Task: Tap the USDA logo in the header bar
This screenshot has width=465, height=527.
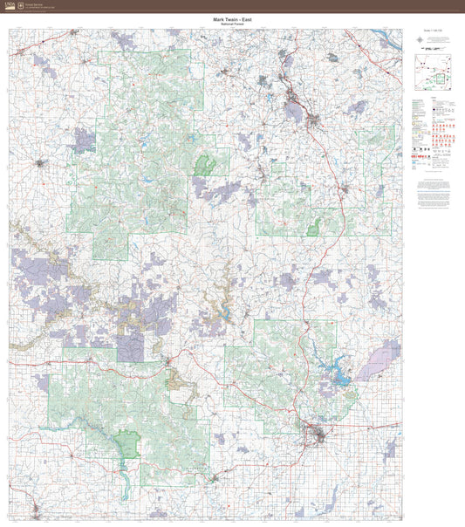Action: point(9,5)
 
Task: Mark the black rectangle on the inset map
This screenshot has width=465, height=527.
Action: point(440,78)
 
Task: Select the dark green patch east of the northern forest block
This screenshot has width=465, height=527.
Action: point(206,165)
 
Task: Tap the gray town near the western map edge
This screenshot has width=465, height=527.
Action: point(38,162)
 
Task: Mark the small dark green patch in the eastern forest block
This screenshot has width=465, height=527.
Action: point(312,229)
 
